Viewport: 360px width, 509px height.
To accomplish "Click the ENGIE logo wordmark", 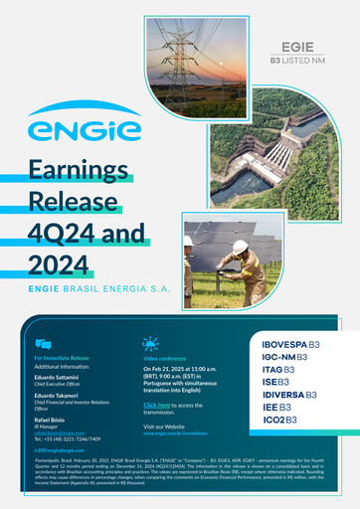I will [x=72, y=129].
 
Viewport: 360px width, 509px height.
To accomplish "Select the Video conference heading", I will [x=164, y=358].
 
